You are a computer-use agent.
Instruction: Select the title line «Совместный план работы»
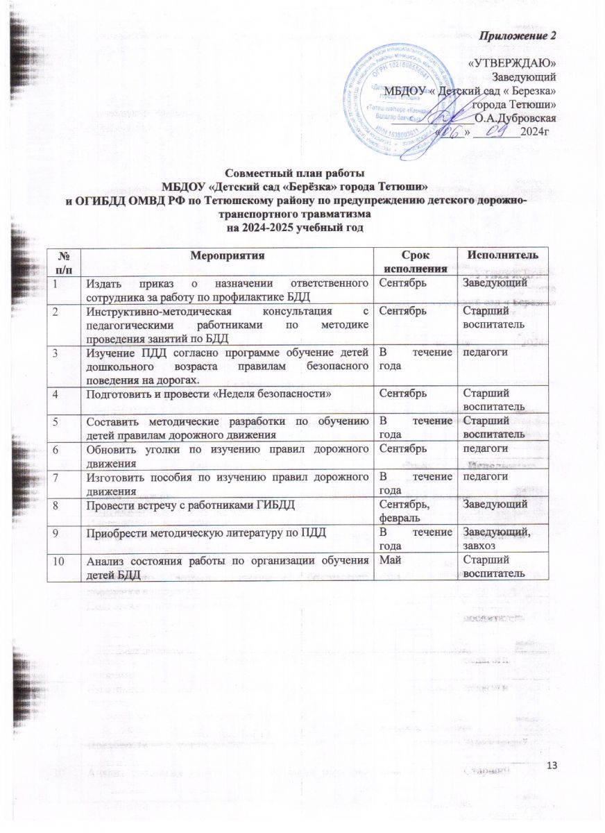pyautogui.click(x=295, y=173)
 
